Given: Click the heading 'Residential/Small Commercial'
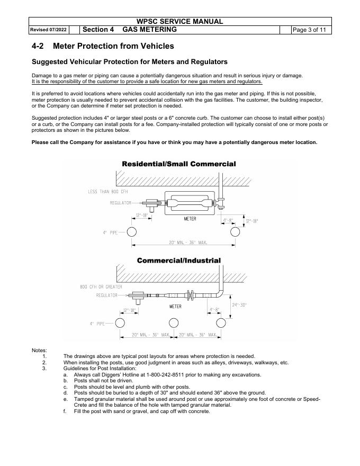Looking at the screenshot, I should point(179,164).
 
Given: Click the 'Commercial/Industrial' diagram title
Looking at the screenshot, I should point(179,261).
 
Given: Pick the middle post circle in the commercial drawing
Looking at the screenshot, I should point(173,323).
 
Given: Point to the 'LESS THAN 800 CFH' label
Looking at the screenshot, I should point(107,192).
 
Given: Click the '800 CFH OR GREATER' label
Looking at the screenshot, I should point(101,287).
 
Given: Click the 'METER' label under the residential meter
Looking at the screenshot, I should point(190,218).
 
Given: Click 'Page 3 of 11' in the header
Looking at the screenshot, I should point(312,30).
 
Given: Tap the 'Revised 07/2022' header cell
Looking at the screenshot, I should point(48,30).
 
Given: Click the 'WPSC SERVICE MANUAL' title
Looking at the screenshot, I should point(179,22).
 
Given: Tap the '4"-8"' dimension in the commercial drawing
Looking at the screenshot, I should point(214,310).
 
